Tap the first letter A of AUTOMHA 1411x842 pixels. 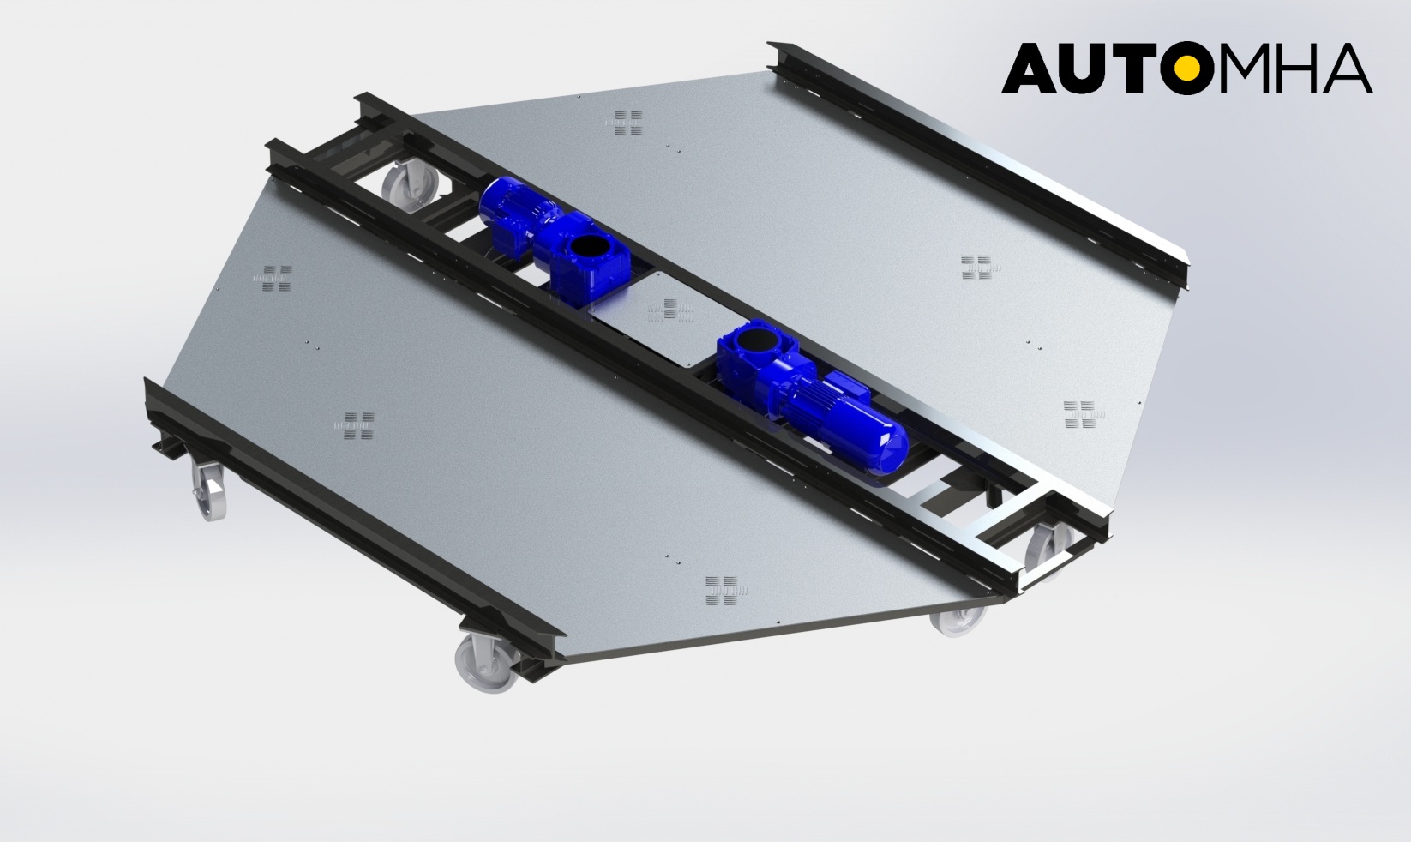point(1027,68)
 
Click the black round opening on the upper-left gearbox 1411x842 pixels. point(588,251)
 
